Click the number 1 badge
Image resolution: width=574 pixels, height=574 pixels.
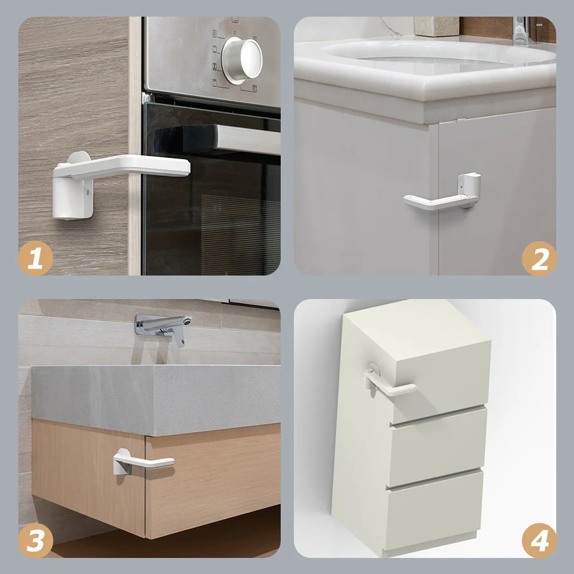pos(36,258)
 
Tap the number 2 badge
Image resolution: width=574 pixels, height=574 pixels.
pos(539,258)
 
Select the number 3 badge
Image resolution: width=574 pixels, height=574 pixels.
pos(36,540)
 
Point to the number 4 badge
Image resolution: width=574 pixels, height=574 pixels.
pos(539,540)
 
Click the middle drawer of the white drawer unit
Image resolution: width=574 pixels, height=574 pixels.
pos(438,447)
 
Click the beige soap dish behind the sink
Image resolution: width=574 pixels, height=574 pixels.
pos(437,26)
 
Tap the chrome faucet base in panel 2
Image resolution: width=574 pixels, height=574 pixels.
pos(522,30)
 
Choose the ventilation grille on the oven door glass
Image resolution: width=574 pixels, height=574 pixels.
pos(241,234)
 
